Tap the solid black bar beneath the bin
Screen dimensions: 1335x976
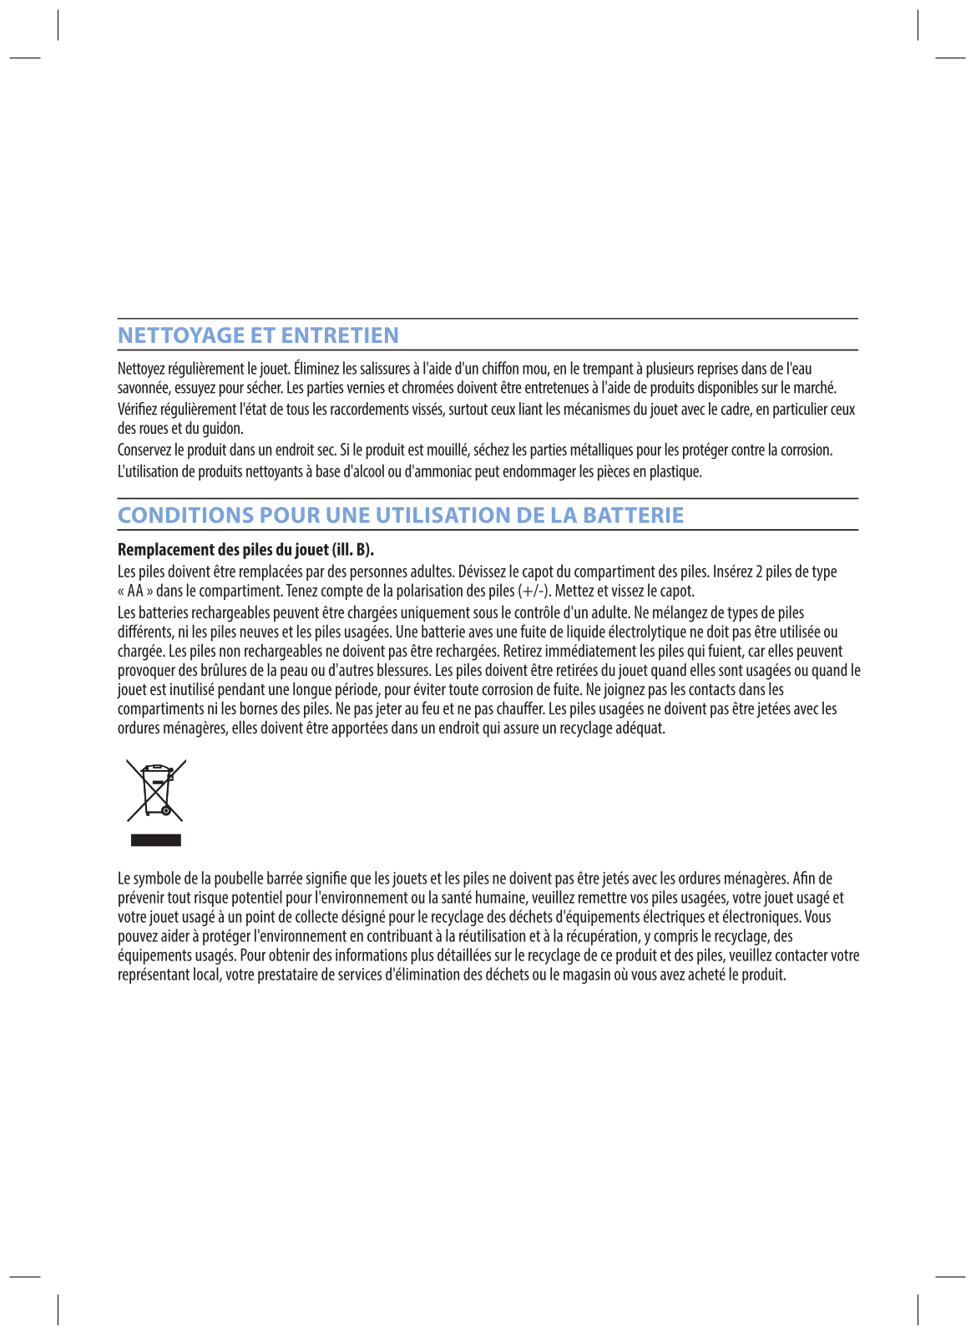[155, 840]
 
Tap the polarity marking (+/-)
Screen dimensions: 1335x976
[534, 592]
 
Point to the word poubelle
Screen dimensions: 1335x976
[237, 879]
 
